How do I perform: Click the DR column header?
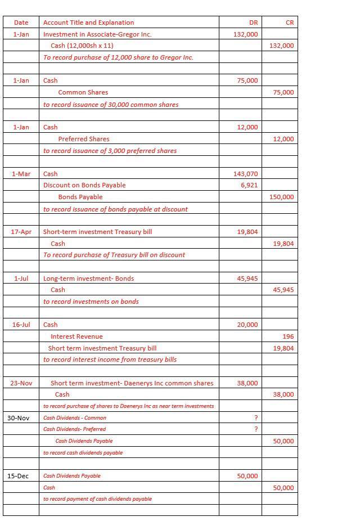pos(253,23)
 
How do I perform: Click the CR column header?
pos(290,23)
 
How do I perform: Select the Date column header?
pos(21,23)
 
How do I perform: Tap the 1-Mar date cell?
pos(21,174)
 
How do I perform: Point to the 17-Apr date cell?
pos(21,232)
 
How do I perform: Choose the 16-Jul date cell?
pos(21,325)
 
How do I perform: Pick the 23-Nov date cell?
pos(21,383)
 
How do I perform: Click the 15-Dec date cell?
pos(18,476)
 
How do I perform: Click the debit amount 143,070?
pos(245,174)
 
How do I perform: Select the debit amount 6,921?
pos(249,185)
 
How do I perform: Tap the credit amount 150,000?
pos(282,197)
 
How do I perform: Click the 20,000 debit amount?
pos(247,325)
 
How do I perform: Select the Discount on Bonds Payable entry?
pos(84,185)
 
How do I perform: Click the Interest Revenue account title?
pos(76,336)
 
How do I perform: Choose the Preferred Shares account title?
pos(84,139)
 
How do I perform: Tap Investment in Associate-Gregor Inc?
pos(97,34)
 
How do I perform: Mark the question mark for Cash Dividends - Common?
pos(256,417)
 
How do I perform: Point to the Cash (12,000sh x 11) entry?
pos(82,46)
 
